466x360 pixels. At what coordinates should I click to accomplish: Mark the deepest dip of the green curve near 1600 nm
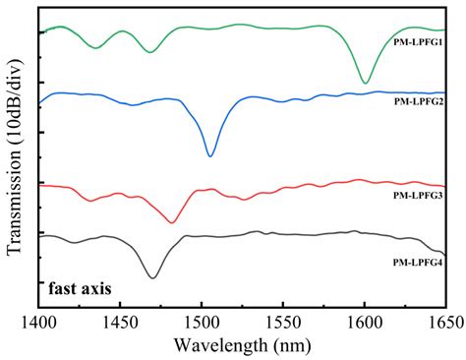point(365,83)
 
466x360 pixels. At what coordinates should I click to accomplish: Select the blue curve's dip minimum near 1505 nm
point(210,155)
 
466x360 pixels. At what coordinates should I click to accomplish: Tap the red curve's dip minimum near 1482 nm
point(172,222)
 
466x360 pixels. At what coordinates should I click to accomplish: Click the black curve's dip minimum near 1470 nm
point(152,277)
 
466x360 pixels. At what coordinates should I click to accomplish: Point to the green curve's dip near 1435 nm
point(95,47)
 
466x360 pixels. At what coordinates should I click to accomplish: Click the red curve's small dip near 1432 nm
point(91,201)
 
